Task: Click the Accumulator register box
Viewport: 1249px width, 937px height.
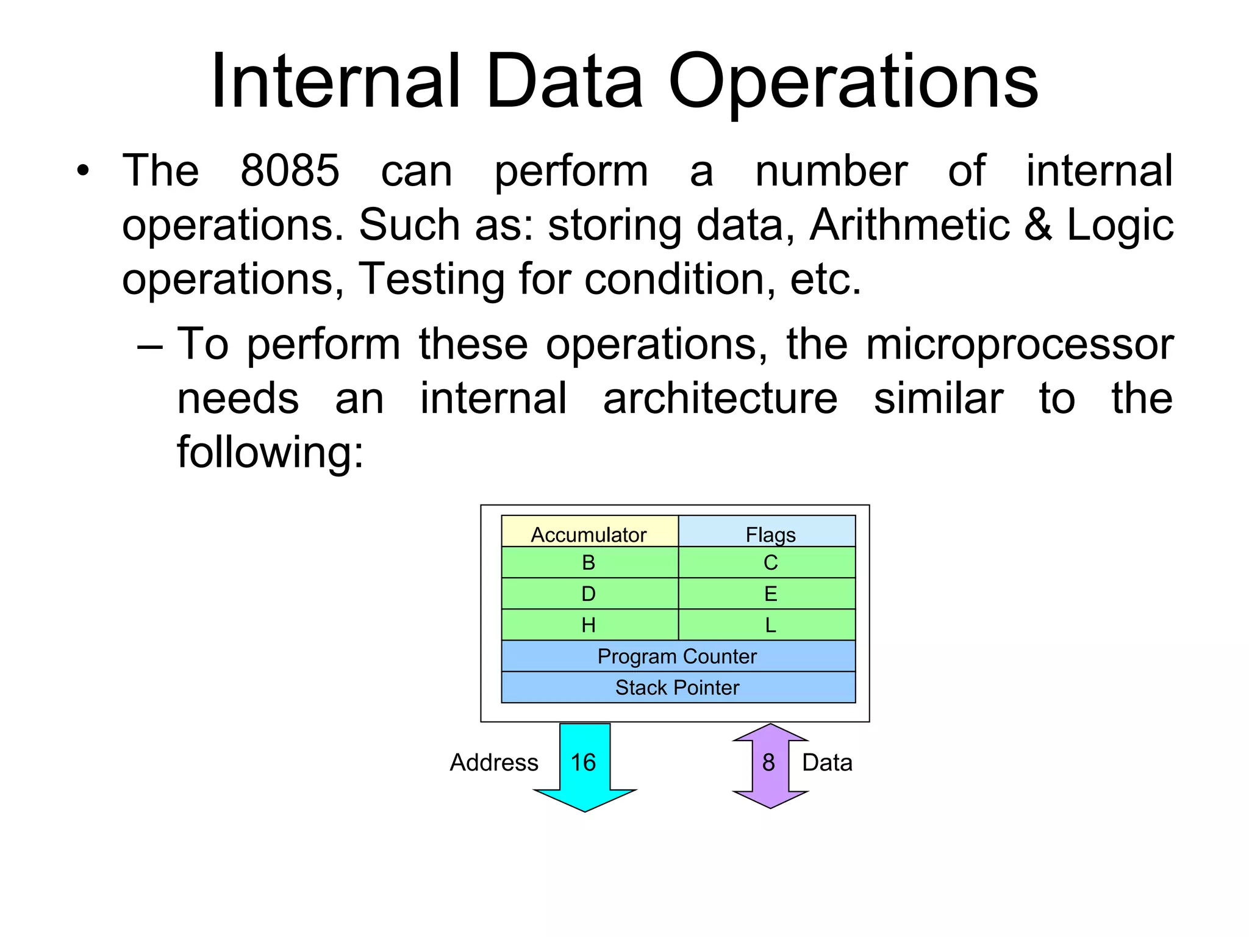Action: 589,531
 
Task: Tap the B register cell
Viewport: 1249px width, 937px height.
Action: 589,562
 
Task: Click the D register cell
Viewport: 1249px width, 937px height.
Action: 589,594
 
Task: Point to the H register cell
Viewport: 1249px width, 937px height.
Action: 589,625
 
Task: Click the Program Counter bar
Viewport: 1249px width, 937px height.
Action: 678,656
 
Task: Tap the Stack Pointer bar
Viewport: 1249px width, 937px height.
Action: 678,687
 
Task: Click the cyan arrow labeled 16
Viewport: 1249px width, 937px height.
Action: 584,766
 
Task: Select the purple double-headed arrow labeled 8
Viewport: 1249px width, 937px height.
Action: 770,766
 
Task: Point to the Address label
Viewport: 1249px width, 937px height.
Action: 494,763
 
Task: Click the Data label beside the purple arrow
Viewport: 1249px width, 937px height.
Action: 827,763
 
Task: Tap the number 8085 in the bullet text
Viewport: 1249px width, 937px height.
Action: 290,171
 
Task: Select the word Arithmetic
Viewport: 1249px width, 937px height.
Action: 909,224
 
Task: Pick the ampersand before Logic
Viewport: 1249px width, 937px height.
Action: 1038,224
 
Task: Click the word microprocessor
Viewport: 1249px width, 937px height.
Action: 1019,344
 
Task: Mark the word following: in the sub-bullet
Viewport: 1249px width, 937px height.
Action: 270,452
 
